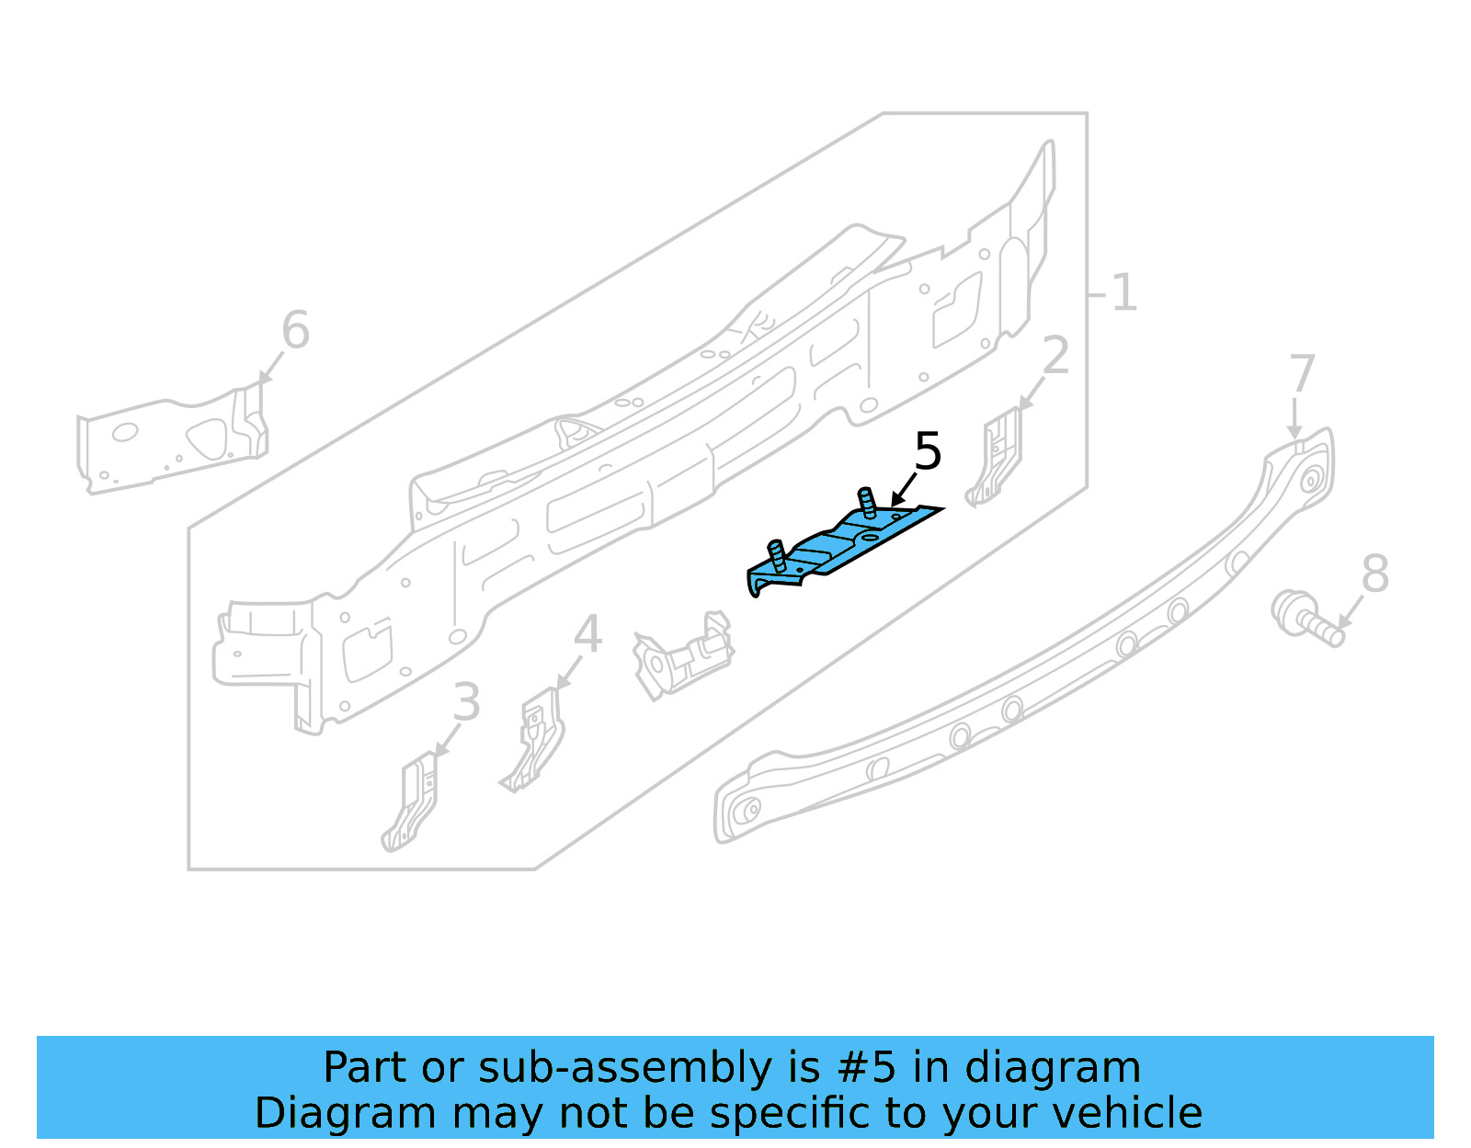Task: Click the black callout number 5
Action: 928,451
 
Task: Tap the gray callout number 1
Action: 1123,293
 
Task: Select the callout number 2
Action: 1056,356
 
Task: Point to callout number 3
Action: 466,702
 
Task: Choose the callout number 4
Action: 587,634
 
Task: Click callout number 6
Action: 295,330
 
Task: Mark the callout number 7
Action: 1301,374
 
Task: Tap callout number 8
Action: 1374,574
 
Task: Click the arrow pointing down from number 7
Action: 1294,419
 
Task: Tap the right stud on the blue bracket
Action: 866,502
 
